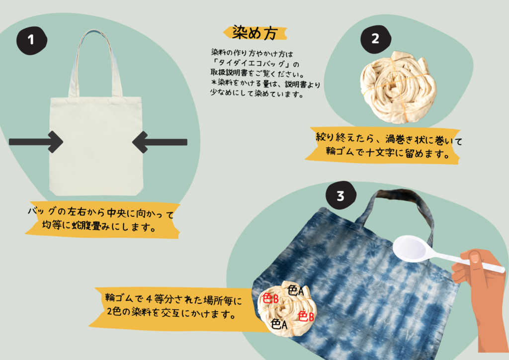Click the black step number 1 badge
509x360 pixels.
pos(31,40)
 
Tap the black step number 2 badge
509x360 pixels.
pos(376,39)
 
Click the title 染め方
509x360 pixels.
pos(255,33)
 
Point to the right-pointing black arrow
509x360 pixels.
pos(36,142)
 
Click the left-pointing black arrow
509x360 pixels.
pos(160,142)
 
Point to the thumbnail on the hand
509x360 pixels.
pos(475,258)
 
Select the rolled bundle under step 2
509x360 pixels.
pos(398,87)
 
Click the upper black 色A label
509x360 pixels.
pos(295,290)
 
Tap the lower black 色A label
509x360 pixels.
pos(279,324)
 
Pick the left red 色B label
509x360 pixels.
pos(270,298)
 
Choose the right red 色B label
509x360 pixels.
pos(306,316)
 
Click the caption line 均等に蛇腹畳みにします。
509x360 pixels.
pos(99,225)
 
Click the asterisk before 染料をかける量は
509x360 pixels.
pos(214,82)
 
